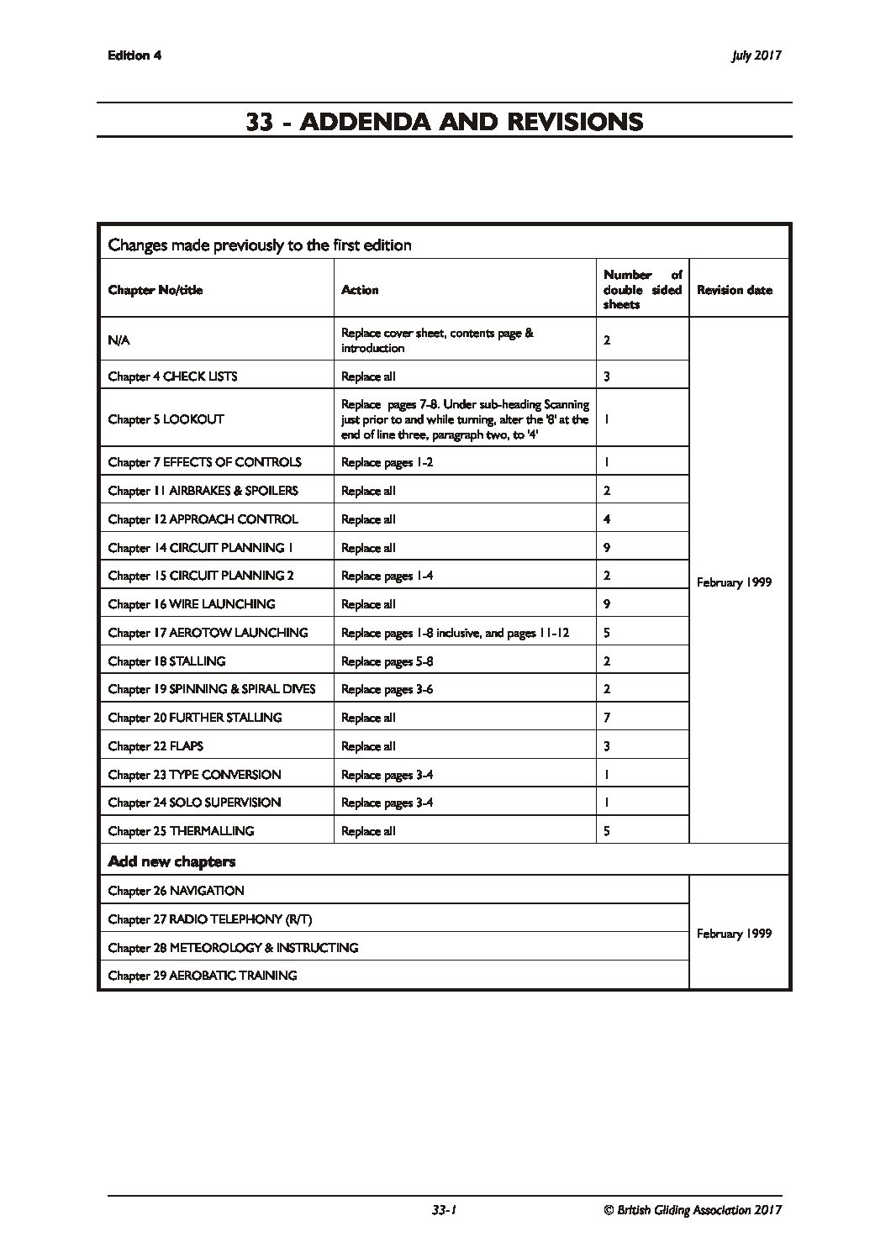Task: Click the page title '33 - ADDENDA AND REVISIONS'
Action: click(x=445, y=122)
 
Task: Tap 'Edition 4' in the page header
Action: click(x=134, y=55)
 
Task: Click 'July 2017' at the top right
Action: click(x=757, y=55)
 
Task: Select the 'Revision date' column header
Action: click(x=734, y=290)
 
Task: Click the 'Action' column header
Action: click(x=360, y=290)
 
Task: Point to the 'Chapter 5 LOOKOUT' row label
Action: click(x=166, y=418)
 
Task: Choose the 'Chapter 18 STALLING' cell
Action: click(x=166, y=661)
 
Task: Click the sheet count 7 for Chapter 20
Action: click(x=607, y=718)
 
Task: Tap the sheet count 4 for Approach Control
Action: click(x=607, y=519)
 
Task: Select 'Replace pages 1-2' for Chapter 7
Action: click(x=387, y=462)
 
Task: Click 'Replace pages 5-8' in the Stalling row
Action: click(x=387, y=661)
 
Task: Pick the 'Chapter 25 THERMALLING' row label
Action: click(x=181, y=831)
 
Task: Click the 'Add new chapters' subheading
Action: click(x=171, y=861)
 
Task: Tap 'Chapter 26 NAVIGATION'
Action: click(x=176, y=891)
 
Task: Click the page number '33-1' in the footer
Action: click(x=443, y=1210)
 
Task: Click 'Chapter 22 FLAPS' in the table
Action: click(x=156, y=746)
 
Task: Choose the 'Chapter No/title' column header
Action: click(x=156, y=290)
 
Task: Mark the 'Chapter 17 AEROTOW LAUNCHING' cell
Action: click(x=208, y=633)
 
